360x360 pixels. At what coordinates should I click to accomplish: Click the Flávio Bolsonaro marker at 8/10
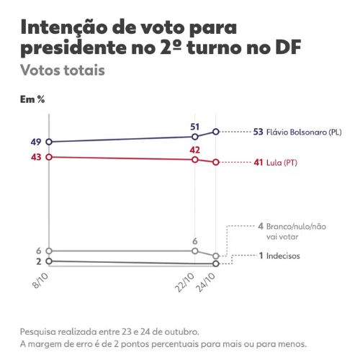[49, 142]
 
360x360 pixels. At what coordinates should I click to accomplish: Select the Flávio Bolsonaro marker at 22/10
[195, 137]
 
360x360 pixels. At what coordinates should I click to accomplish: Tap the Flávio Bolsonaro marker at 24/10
[216, 132]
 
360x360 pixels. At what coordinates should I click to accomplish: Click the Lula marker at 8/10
[49, 157]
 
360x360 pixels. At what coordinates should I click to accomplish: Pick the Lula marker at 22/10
[195, 160]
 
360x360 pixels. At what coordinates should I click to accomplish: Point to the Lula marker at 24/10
[216, 162]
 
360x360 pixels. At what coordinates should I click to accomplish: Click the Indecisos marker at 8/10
[49, 261]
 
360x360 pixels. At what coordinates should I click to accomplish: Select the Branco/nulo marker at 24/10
[216, 256]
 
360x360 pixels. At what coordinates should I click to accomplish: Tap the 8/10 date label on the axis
[40, 281]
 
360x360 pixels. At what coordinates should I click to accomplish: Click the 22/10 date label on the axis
[185, 283]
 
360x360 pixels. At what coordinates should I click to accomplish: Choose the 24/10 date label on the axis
[205, 283]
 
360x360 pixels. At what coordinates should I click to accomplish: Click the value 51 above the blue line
[194, 127]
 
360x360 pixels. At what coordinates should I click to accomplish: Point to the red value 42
[194, 150]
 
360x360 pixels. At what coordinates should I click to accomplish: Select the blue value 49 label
[36, 142]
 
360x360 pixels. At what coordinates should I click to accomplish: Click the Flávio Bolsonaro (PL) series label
[304, 132]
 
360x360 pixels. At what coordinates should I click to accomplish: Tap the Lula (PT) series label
[282, 163]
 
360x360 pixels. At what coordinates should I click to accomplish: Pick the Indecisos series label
[283, 256]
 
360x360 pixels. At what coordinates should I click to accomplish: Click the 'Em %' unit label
[32, 99]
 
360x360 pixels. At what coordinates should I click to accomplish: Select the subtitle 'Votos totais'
[63, 70]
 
